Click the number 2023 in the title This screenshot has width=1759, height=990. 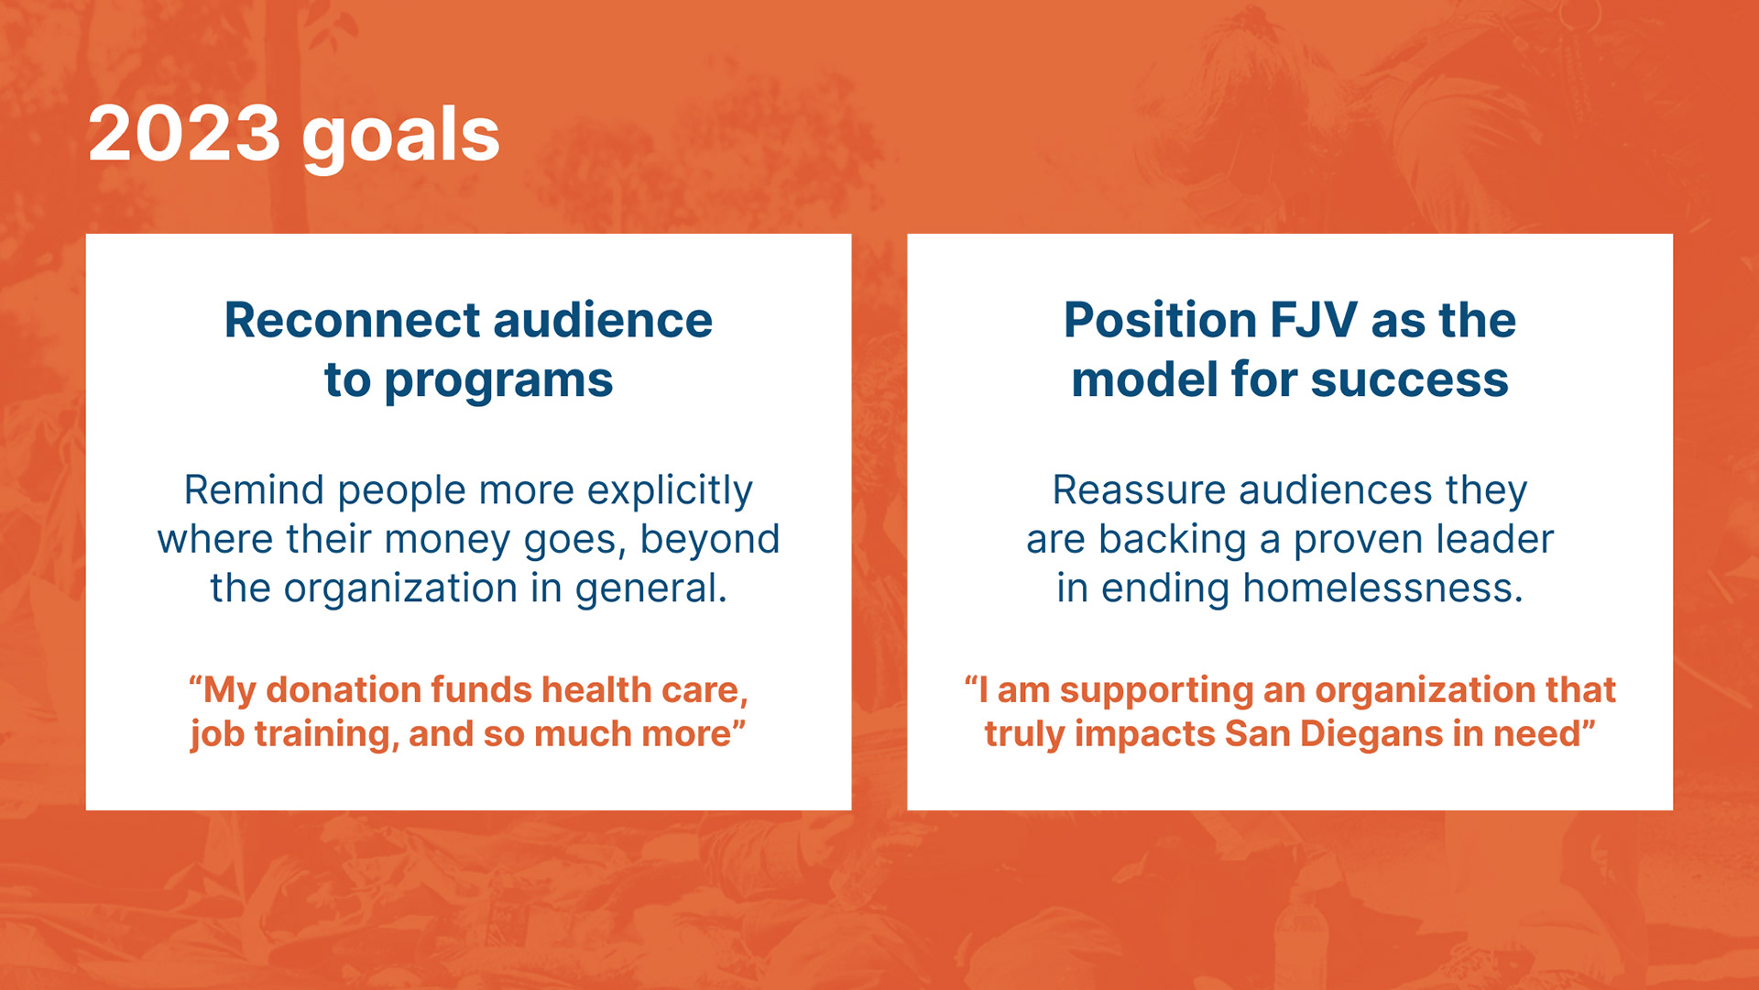(183, 134)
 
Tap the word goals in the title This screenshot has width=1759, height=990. (401, 137)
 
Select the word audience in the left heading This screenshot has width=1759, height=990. (603, 320)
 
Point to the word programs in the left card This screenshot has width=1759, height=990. (498, 382)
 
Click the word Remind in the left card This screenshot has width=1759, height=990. (254, 490)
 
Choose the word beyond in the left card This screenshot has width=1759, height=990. (710, 540)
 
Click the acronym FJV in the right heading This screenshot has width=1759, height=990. (1313, 320)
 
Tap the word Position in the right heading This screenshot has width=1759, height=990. (1160, 322)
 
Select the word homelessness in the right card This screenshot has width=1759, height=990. (1382, 588)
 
